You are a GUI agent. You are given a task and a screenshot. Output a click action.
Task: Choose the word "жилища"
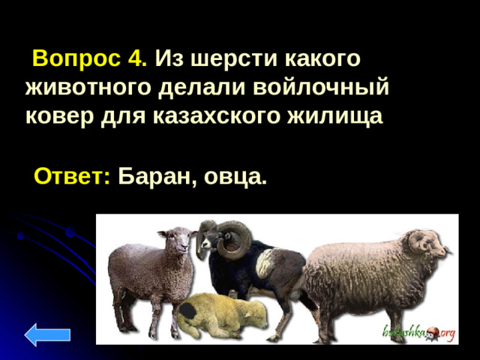[340, 116]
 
